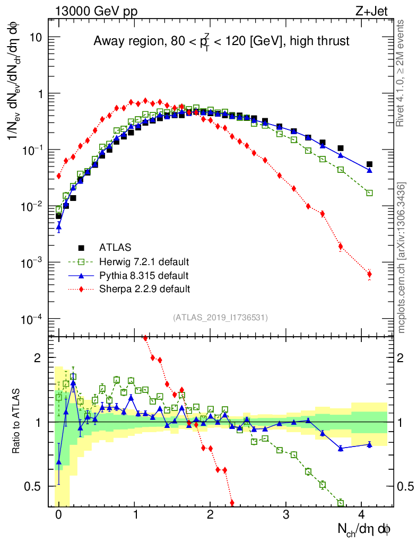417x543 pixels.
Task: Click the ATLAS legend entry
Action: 115,248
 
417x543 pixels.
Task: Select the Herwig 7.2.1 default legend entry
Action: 144,262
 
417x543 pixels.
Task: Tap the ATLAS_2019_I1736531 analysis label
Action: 220,318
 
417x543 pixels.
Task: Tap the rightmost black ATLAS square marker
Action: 369,164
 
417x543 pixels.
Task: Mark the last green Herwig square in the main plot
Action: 369,193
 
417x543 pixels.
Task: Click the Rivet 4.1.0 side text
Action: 401,73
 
